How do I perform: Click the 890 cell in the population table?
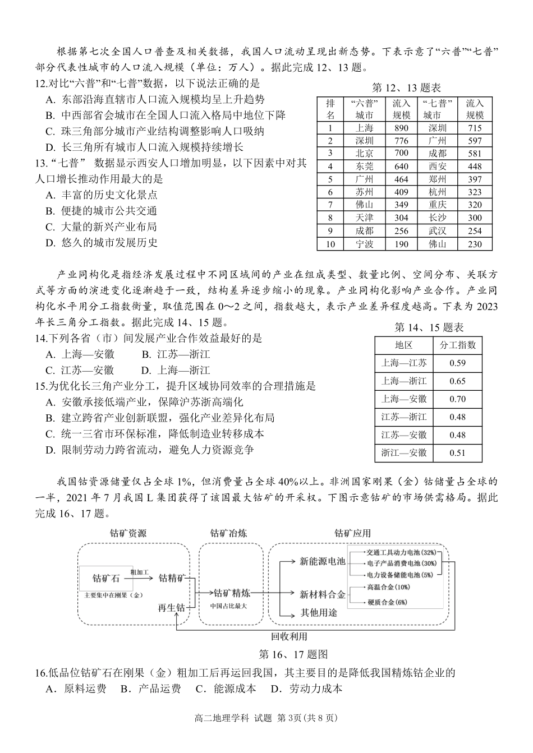[401, 128]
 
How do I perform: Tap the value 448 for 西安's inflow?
[475, 166]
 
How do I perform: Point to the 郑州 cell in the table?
[438, 179]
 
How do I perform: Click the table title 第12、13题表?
[406, 88]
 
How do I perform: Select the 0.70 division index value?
[457, 399]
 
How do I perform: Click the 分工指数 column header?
[457, 345]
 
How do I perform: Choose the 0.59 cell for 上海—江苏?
[457, 363]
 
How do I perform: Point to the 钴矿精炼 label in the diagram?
[232, 593]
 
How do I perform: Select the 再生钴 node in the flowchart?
[171, 608]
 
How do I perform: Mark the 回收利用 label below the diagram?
[289, 636]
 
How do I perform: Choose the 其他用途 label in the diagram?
[319, 613]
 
